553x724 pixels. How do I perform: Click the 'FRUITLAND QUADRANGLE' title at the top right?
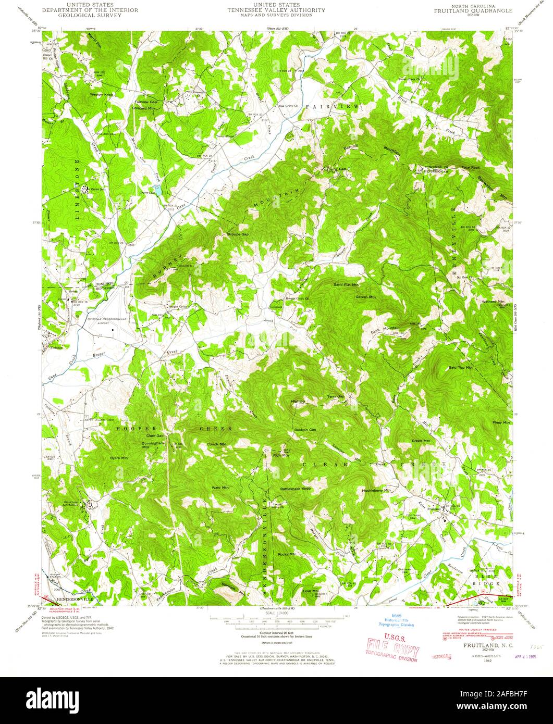[474, 10]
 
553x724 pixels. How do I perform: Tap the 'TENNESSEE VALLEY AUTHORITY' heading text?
[276, 10]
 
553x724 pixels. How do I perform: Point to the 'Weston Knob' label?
[102, 94]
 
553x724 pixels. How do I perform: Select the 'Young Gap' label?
[336, 169]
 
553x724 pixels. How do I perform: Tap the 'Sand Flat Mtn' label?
[346, 285]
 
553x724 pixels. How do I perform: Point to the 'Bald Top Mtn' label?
[460, 367]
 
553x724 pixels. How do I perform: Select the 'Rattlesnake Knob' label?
[296, 489]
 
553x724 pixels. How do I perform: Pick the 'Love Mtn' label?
[311, 591]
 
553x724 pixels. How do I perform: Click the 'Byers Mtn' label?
[119, 458]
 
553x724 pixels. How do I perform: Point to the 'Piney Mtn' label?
[501, 422]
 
